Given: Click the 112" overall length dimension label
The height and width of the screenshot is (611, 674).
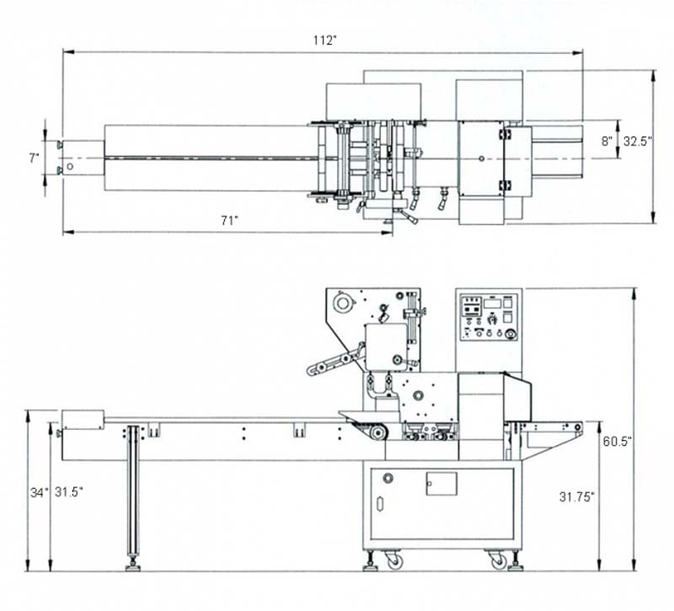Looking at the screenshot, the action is tap(324, 40).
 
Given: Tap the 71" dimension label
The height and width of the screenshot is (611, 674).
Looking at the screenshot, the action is tap(229, 221).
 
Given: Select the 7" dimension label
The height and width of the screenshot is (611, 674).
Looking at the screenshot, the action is tap(35, 158).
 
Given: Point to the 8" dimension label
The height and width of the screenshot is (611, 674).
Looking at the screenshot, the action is tap(607, 141).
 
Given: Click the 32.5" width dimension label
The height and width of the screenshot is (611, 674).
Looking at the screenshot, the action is tap(638, 141).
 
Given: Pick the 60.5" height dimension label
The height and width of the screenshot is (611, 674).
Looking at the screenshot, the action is tap(617, 441).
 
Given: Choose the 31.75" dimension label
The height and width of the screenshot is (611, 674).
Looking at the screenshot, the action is tap(577, 496).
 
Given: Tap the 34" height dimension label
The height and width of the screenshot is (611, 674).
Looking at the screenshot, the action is tap(40, 492).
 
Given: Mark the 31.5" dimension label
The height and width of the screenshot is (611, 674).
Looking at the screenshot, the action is tap(69, 492).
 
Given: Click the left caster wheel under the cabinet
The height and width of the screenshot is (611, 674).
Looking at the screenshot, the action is tap(394, 560).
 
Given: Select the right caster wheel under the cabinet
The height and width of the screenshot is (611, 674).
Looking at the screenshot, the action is tap(499, 560).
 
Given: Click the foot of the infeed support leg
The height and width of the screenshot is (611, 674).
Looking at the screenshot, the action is tap(133, 567).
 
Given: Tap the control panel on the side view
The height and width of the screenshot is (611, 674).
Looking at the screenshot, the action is tap(489, 317).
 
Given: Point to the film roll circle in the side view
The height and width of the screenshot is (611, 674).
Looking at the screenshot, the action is tap(343, 303).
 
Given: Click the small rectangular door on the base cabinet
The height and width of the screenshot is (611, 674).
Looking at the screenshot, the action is tap(441, 484).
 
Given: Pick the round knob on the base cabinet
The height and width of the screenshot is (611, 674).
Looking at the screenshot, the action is tap(388, 477).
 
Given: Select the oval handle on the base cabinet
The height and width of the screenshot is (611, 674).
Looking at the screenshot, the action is tap(380, 504).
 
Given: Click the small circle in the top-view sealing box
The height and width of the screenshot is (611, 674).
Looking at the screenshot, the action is tap(482, 158).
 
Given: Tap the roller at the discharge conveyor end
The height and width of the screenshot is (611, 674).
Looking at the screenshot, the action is tap(578, 427).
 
